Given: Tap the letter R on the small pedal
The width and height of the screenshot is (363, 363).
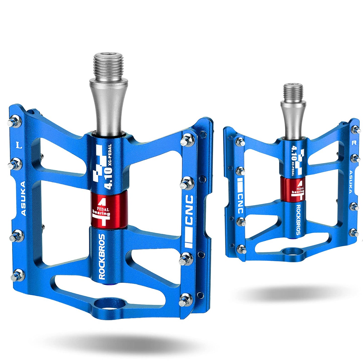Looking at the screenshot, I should click(354, 143).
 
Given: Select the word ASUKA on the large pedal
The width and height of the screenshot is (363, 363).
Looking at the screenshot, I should click(23, 199).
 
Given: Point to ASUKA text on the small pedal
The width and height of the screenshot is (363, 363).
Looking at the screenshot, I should click(351, 182).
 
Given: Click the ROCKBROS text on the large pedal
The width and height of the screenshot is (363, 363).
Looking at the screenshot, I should click(102, 256).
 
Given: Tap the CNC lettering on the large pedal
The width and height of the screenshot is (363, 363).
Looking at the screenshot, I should click(189, 210).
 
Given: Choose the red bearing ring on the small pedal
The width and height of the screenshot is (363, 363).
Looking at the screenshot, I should click(294, 188).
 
